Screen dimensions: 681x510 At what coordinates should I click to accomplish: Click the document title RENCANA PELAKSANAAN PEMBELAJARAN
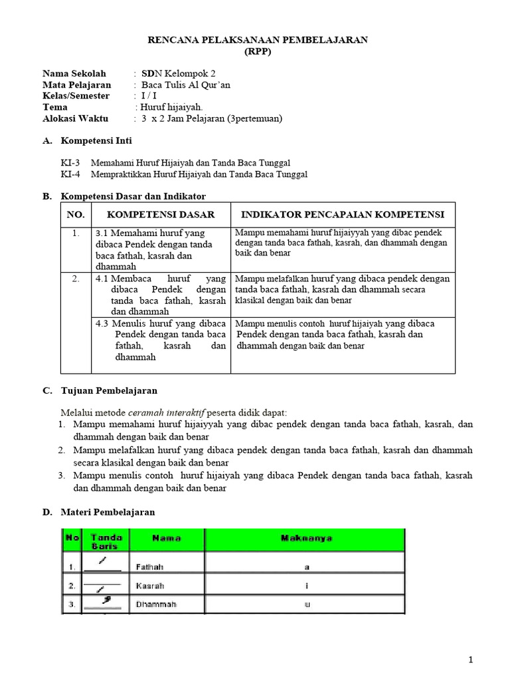pyautogui.click(x=257, y=41)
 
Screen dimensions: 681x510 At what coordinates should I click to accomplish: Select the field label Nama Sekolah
pyautogui.click(x=73, y=74)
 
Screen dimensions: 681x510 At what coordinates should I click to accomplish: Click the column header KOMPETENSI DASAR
pyautogui.click(x=161, y=215)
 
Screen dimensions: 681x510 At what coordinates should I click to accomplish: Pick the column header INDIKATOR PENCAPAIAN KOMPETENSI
pyautogui.click(x=343, y=215)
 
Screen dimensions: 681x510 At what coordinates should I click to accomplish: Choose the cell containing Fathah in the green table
pyautogui.click(x=149, y=567)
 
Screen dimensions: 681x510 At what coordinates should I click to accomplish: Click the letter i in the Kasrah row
pyautogui.click(x=307, y=587)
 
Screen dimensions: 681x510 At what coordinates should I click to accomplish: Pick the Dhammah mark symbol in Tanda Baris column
pyautogui.click(x=105, y=602)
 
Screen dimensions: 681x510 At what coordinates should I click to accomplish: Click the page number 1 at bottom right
pyautogui.click(x=471, y=660)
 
